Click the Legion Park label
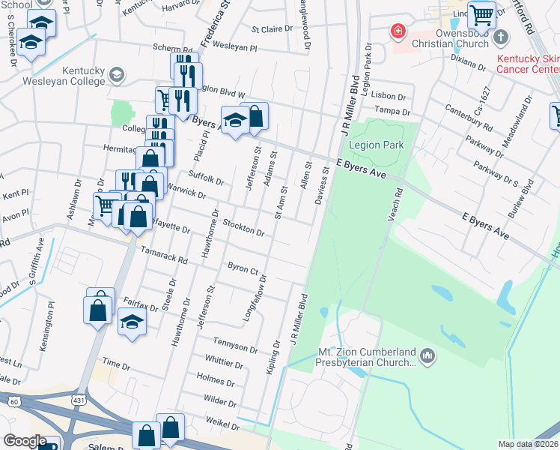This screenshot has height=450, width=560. [x=383, y=145]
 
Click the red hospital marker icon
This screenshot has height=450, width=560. [x=398, y=31]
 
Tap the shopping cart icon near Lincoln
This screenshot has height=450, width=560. [x=482, y=14]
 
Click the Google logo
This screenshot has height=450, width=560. [x=25, y=441]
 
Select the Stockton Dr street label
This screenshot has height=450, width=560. [x=243, y=227]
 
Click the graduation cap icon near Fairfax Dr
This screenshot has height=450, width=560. [x=133, y=323]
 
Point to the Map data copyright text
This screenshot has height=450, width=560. [x=529, y=444]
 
